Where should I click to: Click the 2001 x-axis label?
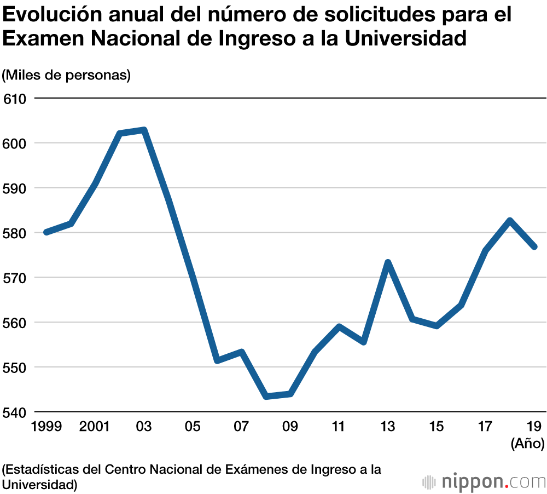coord(95,427)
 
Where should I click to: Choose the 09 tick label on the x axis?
coord(290,427)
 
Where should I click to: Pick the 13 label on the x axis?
coord(387,427)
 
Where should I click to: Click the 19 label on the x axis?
coord(534,427)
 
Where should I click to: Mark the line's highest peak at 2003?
coord(144,130)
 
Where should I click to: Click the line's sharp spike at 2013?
coord(388,262)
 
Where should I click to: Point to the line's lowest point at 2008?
coord(266,396)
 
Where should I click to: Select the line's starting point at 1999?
coord(46,232)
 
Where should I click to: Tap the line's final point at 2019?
coord(534,246)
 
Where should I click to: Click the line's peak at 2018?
coord(510,221)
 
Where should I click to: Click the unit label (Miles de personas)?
coord(66,75)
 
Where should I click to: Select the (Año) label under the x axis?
coord(527,443)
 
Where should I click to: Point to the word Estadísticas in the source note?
coord(53,470)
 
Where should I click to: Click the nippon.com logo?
coord(484,482)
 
